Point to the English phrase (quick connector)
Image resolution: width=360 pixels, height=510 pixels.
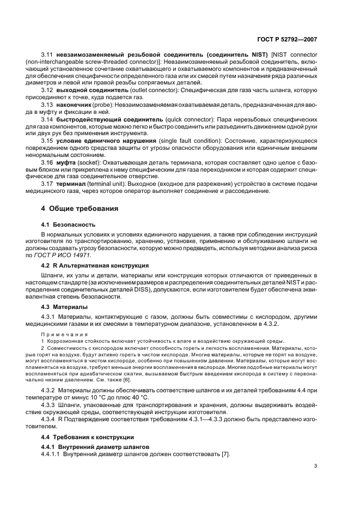click(189, 118)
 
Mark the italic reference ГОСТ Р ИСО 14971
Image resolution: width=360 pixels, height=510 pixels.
click(71, 254)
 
